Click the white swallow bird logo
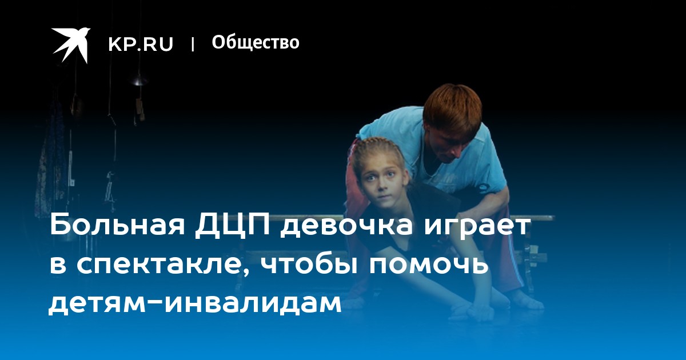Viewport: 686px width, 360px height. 71,45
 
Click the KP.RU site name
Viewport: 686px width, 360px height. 141,44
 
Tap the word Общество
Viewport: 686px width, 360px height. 256,42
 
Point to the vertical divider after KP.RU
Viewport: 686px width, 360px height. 193,44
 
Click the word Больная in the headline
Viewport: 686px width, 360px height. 118,225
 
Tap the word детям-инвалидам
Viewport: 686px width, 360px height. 195,301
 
